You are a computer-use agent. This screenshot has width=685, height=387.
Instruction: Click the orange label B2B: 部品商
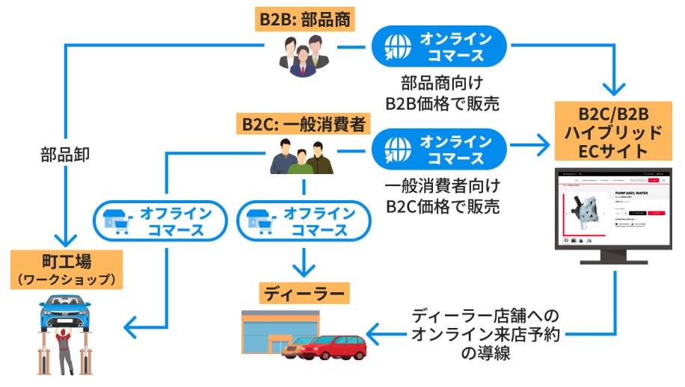(x=303, y=19)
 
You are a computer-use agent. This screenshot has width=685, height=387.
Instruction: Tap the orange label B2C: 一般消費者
(x=304, y=123)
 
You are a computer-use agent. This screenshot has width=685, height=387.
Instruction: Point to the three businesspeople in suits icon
(x=304, y=56)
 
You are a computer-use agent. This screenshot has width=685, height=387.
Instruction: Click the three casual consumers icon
(x=301, y=158)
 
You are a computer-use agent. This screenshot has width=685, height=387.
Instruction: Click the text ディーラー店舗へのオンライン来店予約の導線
(x=485, y=334)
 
